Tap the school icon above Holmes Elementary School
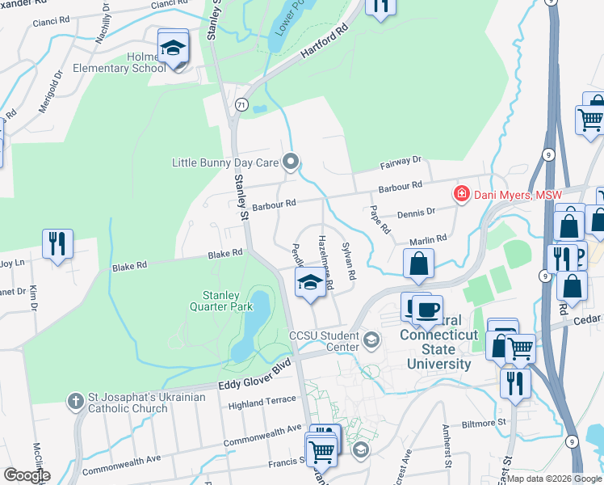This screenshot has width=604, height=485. click(x=173, y=48)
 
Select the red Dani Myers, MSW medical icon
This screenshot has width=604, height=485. click(x=461, y=194)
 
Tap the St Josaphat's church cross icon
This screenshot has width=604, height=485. click(x=75, y=401)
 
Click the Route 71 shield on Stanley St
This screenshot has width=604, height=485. click(x=241, y=105)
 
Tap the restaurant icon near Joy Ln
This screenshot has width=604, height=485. click(x=57, y=244)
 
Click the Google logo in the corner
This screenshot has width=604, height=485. click(x=27, y=475)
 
